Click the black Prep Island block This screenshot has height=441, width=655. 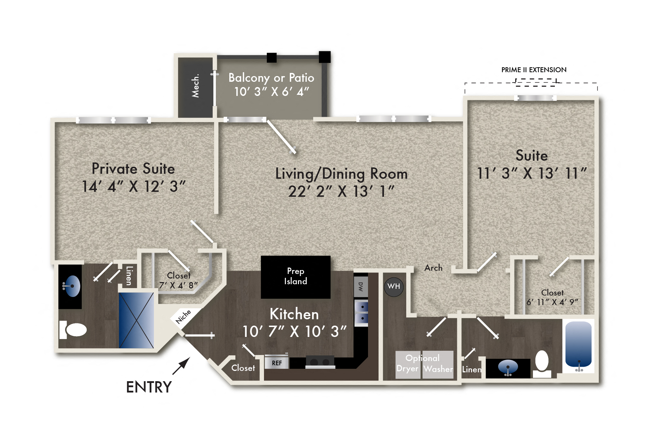click(x=295, y=277)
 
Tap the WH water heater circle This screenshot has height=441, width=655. click(x=393, y=286)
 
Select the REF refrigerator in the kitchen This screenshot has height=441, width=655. click(x=276, y=363)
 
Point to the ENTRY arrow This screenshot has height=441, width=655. click(x=182, y=366)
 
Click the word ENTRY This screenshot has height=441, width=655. click(x=149, y=387)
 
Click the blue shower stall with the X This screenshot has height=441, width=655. click(x=136, y=320)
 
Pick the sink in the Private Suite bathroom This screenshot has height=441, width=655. click(x=71, y=286)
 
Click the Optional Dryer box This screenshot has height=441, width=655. click(x=408, y=365)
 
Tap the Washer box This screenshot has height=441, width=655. click(x=438, y=365)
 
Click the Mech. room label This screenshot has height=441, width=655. click(x=195, y=86)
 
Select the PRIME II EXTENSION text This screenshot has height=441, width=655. click(x=534, y=70)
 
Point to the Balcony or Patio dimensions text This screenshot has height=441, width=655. click(x=271, y=92)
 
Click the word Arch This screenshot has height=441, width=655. click(x=433, y=268)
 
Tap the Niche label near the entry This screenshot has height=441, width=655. click(x=183, y=316)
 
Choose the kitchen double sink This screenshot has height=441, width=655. click(x=361, y=312)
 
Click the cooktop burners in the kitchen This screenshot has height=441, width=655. click(x=320, y=362)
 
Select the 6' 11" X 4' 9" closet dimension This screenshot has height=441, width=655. click(x=552, y=302)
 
